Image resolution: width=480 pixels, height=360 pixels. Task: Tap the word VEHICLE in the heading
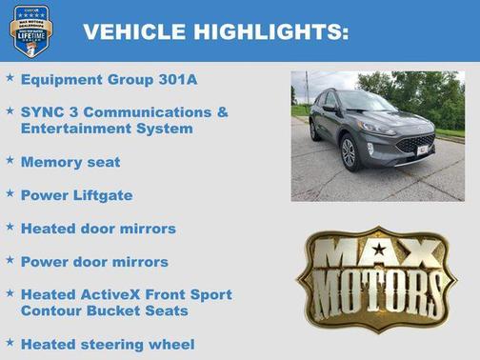coord(134,32)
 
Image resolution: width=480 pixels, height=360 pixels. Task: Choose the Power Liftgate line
coord(76,194)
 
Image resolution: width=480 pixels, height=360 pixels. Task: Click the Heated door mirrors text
coord(98,228)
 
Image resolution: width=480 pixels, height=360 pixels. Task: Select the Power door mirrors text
coord(94,261)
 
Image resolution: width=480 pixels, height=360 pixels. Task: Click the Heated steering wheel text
coord(108,343)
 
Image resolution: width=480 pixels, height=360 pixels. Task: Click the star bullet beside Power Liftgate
coord(10,193)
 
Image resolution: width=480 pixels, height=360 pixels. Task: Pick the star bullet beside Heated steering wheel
coord(10,342)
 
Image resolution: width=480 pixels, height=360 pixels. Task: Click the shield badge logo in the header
coord(30,30)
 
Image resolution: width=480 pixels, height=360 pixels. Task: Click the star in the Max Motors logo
coord(379,250)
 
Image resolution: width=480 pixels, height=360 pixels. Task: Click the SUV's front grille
coord(414,144)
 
